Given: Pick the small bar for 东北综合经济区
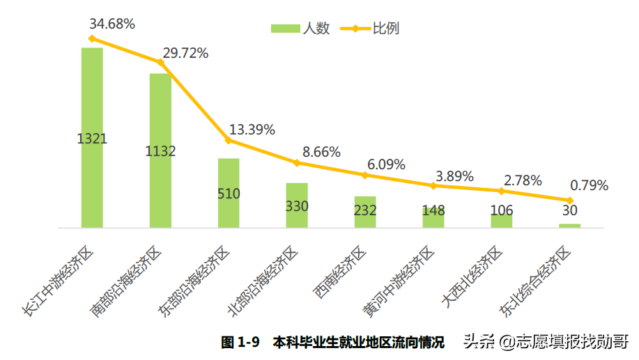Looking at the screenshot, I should click(x=569, y=226).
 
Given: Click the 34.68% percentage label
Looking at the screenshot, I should click(x=112, y=24).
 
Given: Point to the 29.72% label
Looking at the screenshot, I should click(x=185, y=54).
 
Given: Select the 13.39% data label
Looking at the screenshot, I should click(x=252, y=130).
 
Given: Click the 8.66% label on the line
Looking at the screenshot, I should click(x=321, y=152).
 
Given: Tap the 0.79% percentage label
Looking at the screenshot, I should click(x=590, y=186).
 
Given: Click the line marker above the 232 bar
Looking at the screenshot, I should click(x=365, y=175).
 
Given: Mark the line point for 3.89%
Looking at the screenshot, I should click(x=433, y=185).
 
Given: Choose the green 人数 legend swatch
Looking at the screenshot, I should click(x=284, y=29).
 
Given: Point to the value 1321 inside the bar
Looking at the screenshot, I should click(x=92, y=139).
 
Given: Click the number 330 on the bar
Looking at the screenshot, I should click(x=297, y=206).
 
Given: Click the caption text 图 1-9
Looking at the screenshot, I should click(x=240, y=343).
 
